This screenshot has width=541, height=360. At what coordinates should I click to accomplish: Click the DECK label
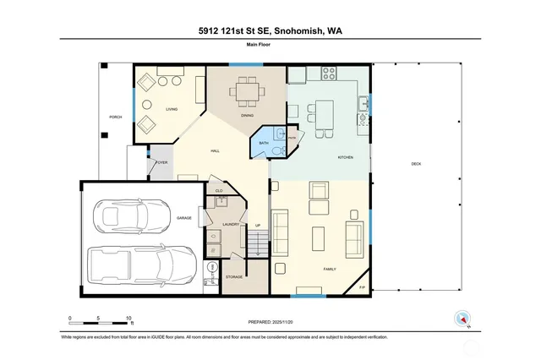pyautogui.click(x=415, y=164)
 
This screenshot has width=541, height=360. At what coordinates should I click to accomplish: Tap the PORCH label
pyautogui.click(x=115, y=117)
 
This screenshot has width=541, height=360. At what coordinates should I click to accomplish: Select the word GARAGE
pyautogui.click(x=184, y=218)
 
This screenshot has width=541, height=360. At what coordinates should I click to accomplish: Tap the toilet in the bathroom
pyautogui.click(x=280, y=150)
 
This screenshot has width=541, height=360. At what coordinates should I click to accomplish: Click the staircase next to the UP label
pyautogui.click(x=259, y=236)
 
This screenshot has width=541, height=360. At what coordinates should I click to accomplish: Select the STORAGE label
pyautogui.click(x=234, y=277)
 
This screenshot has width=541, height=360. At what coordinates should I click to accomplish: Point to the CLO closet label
pyautogui.click(x=219, y=190)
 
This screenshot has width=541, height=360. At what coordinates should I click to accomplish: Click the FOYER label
pyautogui.click(x=161, y=162)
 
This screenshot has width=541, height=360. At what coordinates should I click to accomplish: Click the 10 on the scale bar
pyautogui.click(x=128, y=319)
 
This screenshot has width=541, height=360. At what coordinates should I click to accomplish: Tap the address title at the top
pyautogui.click(x=270, y=33)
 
